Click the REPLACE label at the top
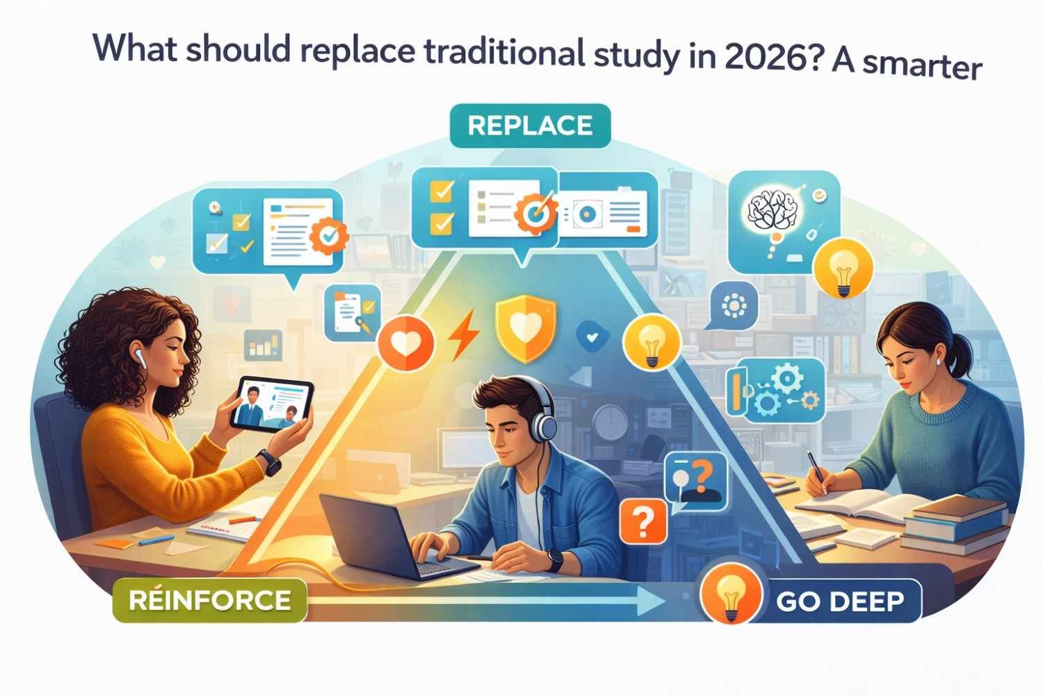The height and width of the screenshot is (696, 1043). [530, 126]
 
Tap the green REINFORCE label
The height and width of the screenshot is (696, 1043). [209, 600]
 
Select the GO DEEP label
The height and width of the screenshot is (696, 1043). [840, 601]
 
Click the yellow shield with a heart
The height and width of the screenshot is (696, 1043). [526, 328]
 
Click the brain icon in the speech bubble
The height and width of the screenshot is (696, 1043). [770, 207]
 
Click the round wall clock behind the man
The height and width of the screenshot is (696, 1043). [611, 421]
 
